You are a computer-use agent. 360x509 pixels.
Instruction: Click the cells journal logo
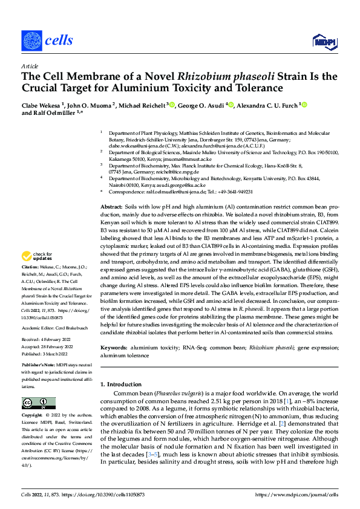coord(47,41)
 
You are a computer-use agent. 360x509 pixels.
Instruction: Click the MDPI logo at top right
coord(324,41)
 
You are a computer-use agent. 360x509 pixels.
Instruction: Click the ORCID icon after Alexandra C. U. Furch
coord(305,105)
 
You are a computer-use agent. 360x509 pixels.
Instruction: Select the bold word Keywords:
coord(114,348)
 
